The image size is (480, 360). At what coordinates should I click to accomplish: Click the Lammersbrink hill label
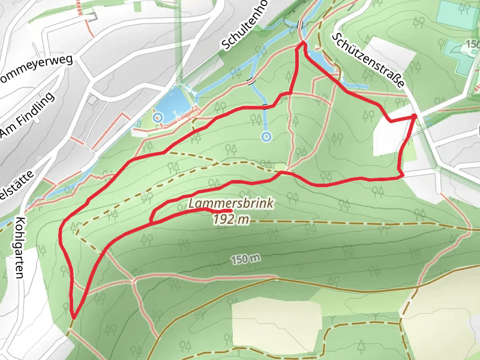tap(231, 204)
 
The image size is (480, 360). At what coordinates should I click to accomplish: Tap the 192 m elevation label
tap(231, 219)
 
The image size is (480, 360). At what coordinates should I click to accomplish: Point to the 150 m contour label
tap(246, 259)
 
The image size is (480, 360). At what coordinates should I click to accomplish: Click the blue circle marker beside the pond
tap(158, 117)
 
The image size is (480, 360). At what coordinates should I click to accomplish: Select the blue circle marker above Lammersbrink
tap(266, 137)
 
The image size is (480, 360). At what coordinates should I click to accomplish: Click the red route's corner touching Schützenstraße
tap(415, 115)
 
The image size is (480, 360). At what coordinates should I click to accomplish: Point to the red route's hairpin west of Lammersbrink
tap(151, 221)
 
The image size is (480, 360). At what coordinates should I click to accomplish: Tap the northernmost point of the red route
tap(302, 43)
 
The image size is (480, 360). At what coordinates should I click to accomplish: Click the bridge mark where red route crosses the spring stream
tap(265, 106)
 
